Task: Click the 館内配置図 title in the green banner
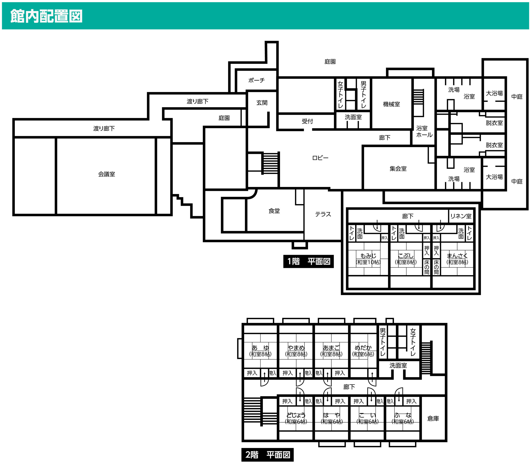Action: [46, 16]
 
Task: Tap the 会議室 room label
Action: [106, 174]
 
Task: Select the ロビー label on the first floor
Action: [320, 158]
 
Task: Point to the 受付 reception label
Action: [307, 121]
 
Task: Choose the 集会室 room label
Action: [398, 169]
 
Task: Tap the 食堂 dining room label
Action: [274, 211]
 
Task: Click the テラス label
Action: [323, 214]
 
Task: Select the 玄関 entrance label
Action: [262, 103]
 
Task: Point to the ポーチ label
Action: [256, 80]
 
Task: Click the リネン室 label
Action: [461, 216]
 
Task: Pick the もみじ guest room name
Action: [368, 255]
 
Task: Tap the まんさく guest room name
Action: [457, 255]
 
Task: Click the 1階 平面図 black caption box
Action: [308, 261]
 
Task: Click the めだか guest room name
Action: [363, 348]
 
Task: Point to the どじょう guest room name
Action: [296, 415]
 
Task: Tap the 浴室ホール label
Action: [424, 132]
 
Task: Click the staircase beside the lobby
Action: [271, 163]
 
